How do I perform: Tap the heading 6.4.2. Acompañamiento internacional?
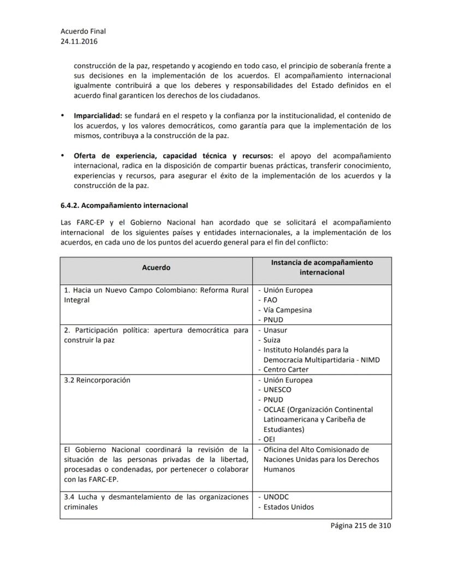point(124,206)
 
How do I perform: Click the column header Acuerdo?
point(156,267)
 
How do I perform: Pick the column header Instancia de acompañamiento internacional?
point(322,267)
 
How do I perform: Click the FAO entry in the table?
point(270,300)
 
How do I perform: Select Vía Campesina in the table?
point(287,310)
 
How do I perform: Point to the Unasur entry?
point(275,330)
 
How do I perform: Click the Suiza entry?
point(271,340)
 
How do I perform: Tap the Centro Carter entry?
point(287,370)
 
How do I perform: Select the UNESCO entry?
point(277,389)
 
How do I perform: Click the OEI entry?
point(269,438)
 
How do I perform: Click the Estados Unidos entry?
point(288,507)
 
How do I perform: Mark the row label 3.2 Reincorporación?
point(97,380)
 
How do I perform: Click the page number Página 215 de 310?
point(360,526)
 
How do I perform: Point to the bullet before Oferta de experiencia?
point(63,156)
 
